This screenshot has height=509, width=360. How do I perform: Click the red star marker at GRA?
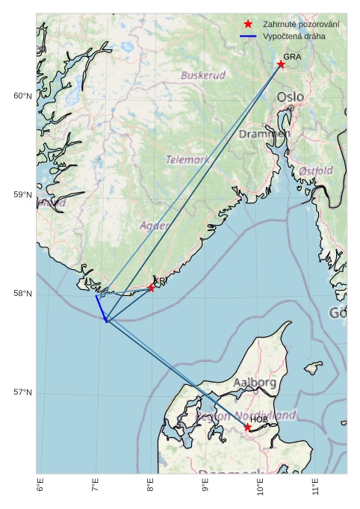281,64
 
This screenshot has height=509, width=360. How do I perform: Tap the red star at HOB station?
247,427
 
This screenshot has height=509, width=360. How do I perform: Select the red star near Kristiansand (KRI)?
151,288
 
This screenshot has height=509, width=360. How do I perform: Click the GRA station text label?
292,57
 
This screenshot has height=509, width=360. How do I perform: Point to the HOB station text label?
258,419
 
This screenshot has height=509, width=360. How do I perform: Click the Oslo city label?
291,97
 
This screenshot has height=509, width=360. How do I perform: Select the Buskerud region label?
203,75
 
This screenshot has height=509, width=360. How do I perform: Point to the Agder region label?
155,225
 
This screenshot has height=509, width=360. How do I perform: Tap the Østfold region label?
316,171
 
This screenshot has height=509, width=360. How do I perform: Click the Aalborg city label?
255,383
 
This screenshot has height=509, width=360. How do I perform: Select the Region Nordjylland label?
246,416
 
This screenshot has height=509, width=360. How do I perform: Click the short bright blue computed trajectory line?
101,307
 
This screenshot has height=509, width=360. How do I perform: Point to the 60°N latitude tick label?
22,96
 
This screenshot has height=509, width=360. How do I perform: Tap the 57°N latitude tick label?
22,392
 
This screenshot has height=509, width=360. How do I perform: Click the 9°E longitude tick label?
206,486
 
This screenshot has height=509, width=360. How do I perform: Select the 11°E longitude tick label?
317,486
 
